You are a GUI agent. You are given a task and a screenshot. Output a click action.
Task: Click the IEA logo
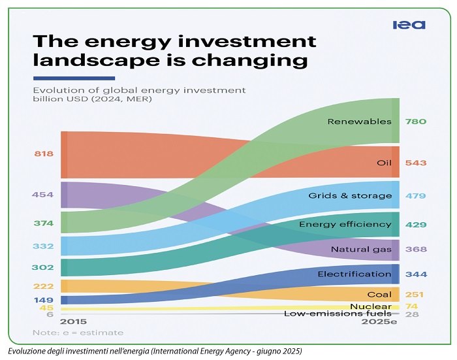pyautogui.click(x=409, y=25)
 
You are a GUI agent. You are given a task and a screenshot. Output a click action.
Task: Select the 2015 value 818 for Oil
pyautogui.click(x=44, y=154)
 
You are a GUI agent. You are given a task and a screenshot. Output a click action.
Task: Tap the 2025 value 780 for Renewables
pyautogui.click(x=415, y=122)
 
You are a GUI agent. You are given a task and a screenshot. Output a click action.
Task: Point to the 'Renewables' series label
pyautogui.click(x=359, y=122)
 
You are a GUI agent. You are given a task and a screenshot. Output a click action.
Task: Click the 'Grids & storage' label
pyautogui.click(x=350, y=196)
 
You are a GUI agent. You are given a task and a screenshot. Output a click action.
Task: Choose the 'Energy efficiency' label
pyautogui.click(x=345, y=225)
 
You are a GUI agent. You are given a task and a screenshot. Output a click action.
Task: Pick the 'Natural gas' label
pyautogui.click(x=361, y=250)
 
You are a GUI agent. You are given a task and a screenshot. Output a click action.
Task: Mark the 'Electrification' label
pyautogui.click(x=355, y=274)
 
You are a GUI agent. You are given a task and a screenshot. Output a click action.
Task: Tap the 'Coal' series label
pyautogui.click(x=379, y=295)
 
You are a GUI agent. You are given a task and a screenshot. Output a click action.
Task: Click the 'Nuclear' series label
pyautogui.click(x=371, y=306)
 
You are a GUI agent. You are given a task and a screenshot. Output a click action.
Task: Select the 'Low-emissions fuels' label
pyautogui.click(x=338, y=314)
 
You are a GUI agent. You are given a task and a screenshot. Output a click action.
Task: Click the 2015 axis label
pyautogui.click(x=73, y=322)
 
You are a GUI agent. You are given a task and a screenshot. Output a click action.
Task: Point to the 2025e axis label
pyautogui.click(x=380, y=322)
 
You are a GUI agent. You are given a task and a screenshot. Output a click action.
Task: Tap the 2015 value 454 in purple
pyautogui.click(x=43, y=195)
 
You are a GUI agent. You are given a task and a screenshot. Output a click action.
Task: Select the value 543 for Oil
pyautogui.click(x=415, y=162)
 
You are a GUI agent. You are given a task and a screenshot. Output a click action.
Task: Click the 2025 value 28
pyautogui.click(x=412, y=315)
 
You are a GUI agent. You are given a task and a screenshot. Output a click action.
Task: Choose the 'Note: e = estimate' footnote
pyautogui.click(x=69, y=333)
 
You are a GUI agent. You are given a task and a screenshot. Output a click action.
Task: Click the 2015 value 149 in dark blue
pyautogui.click(x=44, y=300)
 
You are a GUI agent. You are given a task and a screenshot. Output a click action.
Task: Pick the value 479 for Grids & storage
pyautogui.click(x=415, y=196)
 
